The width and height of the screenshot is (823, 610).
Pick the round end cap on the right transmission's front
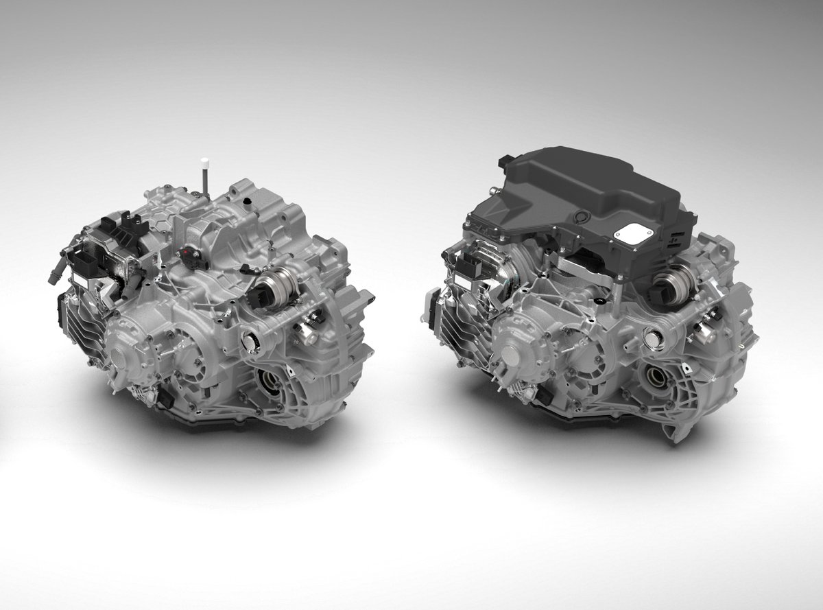[514, 355]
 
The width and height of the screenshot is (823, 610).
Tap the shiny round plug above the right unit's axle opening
[650, 336]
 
